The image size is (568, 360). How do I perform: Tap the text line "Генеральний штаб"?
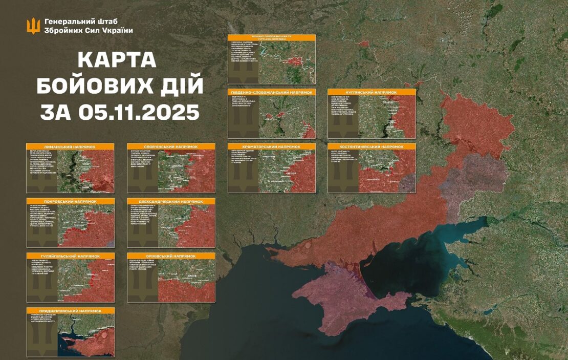click(x=81, y=22)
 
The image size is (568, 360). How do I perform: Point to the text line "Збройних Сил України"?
click(x=89, y=31)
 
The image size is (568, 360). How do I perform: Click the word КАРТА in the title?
click(x=117, y=60)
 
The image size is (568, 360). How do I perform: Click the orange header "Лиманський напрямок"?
click(x=71, y=146)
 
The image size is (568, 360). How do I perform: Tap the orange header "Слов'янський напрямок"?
click(x=171, y=146)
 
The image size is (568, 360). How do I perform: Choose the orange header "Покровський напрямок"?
click(x=71, y=202)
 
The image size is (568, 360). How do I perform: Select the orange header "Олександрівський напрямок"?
click(x=171, y=202)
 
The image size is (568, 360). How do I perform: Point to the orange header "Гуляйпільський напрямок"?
click(x=71, y=256)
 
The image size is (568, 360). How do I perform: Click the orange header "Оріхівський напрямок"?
click(x=171, y=256)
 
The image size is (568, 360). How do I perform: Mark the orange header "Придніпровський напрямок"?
click(x=71, y=311)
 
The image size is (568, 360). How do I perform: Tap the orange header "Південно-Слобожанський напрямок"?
click(x=271, y=92)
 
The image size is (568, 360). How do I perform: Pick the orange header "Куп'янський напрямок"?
click(x=372, y=92)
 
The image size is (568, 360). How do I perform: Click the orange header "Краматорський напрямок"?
click(x=271, y=146)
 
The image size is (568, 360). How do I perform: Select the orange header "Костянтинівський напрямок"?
click(x=372, y=146)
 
